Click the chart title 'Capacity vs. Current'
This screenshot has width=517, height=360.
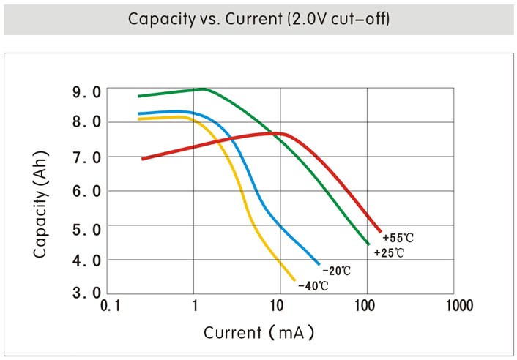(258, 18)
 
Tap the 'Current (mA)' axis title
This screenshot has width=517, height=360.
(258, 333)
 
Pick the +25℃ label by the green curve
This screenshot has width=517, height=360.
(390, 253)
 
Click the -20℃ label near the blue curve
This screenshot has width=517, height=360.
(336, 271)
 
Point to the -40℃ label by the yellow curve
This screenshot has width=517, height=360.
(313, 285)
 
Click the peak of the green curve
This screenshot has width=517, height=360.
(202, 89)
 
